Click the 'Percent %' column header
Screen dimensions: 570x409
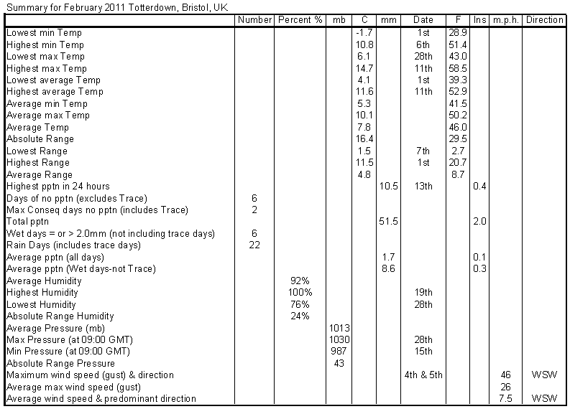coord(300,20)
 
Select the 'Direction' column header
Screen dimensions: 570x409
coord(544,20)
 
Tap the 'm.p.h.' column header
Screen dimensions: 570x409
coord(505,20)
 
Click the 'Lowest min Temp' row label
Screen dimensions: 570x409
coord(44,33)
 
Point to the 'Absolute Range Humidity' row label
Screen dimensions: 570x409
coord(60,316)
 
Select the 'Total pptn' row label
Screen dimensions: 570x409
coord(27,222)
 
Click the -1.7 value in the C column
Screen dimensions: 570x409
coord(364,33)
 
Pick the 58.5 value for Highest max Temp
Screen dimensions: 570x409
coord(458,68)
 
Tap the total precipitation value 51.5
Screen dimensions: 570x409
coord(388,222)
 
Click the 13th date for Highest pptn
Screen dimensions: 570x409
coord(423,186)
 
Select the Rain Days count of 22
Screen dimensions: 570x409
coord(254,245)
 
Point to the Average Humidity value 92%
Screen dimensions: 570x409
coord(300,281)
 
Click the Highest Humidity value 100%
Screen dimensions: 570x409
coord(300,293)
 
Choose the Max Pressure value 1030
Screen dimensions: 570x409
coord(339,339)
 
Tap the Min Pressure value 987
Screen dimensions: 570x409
coord(339,352)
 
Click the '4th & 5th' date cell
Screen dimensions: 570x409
coord(423,375)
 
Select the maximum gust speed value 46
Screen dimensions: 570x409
coord(505,375)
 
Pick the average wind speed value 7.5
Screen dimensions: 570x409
coord(505,398)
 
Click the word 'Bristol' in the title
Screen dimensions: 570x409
coord(196,8)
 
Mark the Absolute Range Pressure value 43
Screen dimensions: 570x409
coord(339,363)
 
